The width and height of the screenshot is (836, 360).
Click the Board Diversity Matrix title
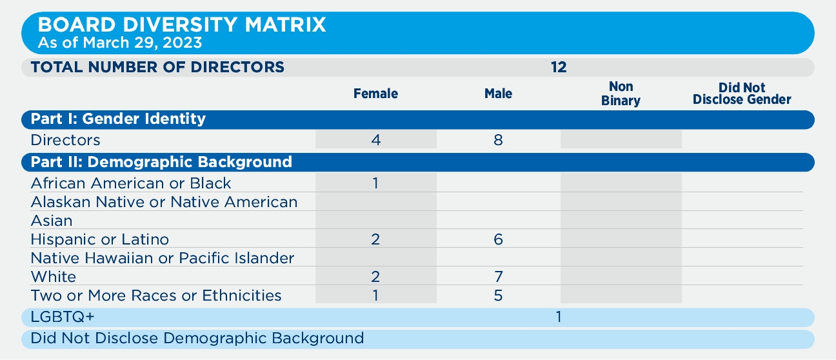[x=182, y=25]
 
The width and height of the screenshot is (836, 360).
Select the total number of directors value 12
[x=559, y=67]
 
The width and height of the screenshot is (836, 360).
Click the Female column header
[x=375, y=94]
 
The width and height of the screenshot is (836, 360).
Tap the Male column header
[x=498, y=94]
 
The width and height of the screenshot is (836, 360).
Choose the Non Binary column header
[x=621, y=94]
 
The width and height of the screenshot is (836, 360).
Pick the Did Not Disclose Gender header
[x=742, y=94]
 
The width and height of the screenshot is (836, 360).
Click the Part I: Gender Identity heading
[x=118, y=119]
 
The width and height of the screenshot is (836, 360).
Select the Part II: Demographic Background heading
[x=161, y=162]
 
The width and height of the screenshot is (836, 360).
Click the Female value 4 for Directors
[x=376, y=140]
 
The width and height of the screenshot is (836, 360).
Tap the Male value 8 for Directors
[x=498, y=140]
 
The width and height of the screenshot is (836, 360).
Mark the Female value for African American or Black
[x=375, y=183]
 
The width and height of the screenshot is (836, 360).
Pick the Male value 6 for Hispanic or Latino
[x=498, y=240]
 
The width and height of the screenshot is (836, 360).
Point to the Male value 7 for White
[x=498, y=277]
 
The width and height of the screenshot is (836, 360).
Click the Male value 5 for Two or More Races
[x=498, y=296]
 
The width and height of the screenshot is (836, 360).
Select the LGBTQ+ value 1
[x=559, y=317]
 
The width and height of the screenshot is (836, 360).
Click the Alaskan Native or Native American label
[x=164, y=202]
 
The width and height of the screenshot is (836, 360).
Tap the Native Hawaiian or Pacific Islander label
[x=163, y=259]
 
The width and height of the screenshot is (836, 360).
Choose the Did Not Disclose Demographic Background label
[x=197, y=338]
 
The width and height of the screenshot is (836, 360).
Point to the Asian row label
[x=52, y=221]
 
